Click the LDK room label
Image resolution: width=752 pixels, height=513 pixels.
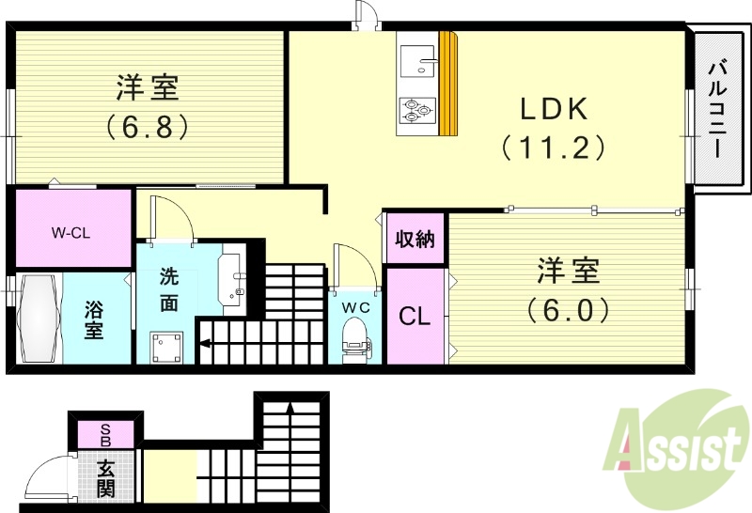pyautogui.click(x=555, y=109)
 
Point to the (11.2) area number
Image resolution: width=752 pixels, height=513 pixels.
pyautogui.click(x=553, y=148)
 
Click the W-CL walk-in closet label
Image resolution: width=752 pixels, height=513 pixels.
pyautogui.click(x=70, y=230)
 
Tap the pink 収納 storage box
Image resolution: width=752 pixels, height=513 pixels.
pyautogui.click(x=414, y=239)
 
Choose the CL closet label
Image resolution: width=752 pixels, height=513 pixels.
pyautogui.click(x=414, y=317)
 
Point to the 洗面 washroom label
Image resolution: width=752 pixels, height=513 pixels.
pyautogui.click(x=169, y=289)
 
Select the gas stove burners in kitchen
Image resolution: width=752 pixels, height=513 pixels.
pyautogui.click(x=416, y=110)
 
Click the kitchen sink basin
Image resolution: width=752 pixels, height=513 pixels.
pyautogui.click(x=416, y=61)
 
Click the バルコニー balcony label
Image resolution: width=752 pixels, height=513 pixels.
pyautogui.click(x=719, y=111)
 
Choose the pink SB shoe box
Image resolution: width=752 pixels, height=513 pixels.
pyautogui.click(x=105, y=433)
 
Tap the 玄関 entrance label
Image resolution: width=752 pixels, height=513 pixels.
pyautogui.click(x=105, y=476)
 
